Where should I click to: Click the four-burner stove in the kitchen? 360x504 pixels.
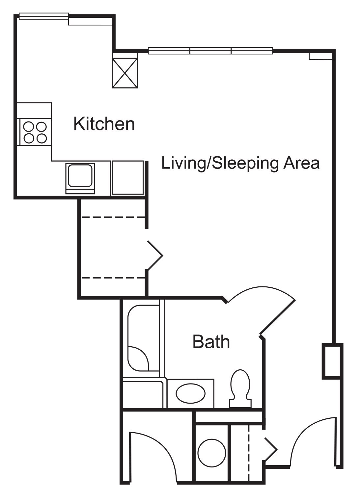tap(35, 132)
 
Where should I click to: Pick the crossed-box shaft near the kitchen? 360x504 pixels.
tap(125, 70)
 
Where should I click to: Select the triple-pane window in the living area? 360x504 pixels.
tap(210, 51)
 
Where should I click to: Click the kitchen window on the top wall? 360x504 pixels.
tap(43, 16)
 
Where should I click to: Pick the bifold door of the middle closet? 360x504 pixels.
tap(155, 255)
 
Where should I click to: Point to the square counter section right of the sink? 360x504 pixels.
tap(128, 177)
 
